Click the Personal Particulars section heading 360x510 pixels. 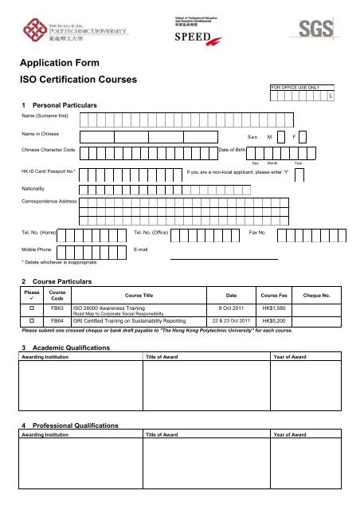[x=60, y=105]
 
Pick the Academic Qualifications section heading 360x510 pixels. [x=69, y=348]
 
